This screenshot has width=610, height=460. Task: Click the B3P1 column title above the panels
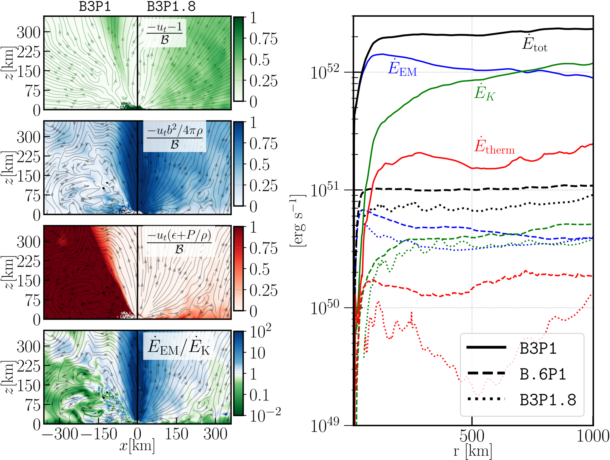(x=95, y=7)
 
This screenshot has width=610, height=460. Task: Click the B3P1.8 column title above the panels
(x=171, y=7)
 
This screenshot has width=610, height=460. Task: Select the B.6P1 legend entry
(x=543, y=374)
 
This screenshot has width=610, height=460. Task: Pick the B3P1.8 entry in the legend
(x=548, y=400)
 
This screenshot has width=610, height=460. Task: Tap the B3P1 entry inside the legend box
(x=538, y=348)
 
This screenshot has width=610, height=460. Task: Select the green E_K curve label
(x=484, y=92)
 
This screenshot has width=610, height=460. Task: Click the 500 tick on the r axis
(x=472, y=436)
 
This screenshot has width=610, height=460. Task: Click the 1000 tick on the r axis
(x=593, y=436)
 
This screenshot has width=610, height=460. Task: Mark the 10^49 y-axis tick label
(x=325, y=425)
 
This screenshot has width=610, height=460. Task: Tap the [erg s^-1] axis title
(x=298, y=221)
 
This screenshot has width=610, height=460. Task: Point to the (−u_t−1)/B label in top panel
(x=165, y=33)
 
